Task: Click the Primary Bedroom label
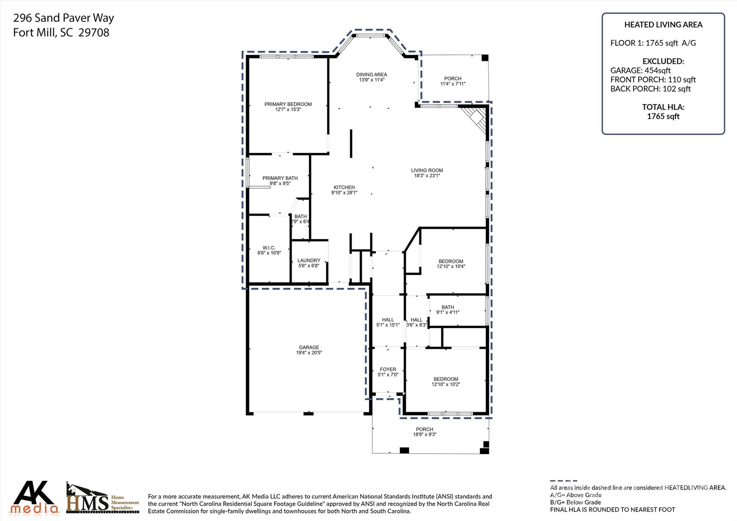[288, 104]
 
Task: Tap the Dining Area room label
[372, 75]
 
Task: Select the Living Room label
[427, 170]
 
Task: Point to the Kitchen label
[344, 187]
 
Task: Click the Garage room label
[309, 347]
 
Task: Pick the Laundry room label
[309, 260]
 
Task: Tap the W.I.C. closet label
[269, 248]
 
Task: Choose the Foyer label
[388, 369]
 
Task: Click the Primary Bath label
[280, 178]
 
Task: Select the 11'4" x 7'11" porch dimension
[453, 84]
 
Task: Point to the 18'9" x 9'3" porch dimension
[425, 435]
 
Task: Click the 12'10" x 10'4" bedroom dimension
[451, 266]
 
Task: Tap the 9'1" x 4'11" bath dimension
[448, 313]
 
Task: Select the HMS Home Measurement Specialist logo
[103, 498]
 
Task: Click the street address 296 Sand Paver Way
[64, 18]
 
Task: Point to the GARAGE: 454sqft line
[641, 70]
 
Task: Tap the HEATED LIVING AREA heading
[663, 24]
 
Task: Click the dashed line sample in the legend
[564, 481]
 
